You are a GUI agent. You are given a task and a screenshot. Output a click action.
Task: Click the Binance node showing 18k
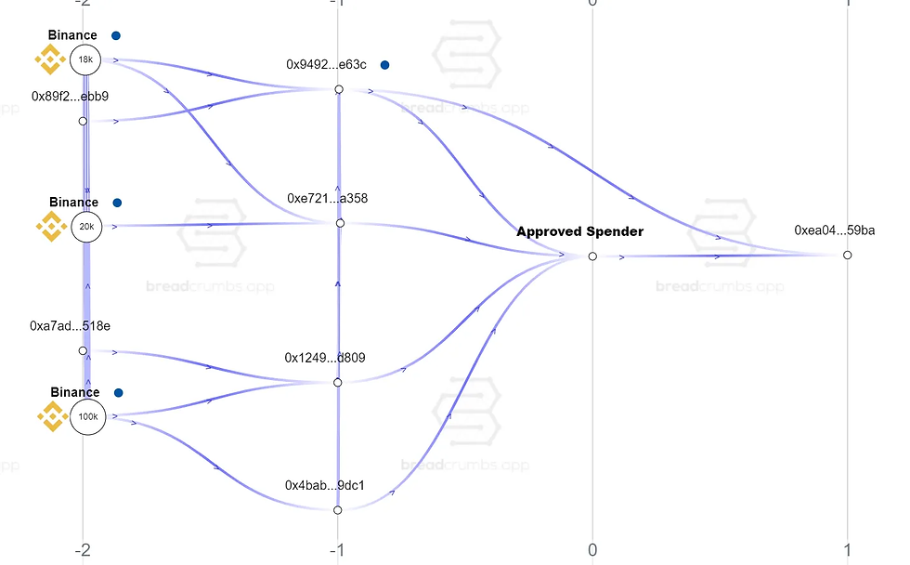pos(85,60)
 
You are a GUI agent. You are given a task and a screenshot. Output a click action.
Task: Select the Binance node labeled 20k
pos(85,226)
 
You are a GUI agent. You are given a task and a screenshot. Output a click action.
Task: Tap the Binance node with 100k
pos(87,417)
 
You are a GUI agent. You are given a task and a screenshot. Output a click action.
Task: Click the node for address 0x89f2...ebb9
pos(83,121)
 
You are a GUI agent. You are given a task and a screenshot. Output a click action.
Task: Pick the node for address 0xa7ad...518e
pos(83,351)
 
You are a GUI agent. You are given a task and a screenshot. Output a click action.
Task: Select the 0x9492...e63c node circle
pos(339,89)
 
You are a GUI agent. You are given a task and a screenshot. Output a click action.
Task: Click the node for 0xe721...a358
pos(340,223)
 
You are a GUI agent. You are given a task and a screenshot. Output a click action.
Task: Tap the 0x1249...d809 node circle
pos(338,382)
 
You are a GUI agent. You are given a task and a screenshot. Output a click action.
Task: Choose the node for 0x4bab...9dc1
pos(338,509)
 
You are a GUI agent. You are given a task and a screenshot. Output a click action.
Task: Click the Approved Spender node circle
pos(592,256)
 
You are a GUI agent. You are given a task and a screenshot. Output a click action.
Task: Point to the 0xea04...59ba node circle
pos(847,255)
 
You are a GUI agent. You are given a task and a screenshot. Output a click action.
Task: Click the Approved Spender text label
pos(579,231)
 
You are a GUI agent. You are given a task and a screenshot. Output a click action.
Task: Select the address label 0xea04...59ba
pos(834,230)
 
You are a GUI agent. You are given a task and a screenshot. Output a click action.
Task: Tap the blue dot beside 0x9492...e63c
pos(384,65)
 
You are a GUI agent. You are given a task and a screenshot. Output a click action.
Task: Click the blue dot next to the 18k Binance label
pos(116,35)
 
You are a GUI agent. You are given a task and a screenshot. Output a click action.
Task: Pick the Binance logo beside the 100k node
pos(52,416)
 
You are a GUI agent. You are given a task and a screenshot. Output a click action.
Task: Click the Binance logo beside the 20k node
pos(50,226)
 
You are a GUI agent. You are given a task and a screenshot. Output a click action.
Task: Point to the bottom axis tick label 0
pos(592,549)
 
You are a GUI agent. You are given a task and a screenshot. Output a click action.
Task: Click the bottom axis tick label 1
pos(848,549)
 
